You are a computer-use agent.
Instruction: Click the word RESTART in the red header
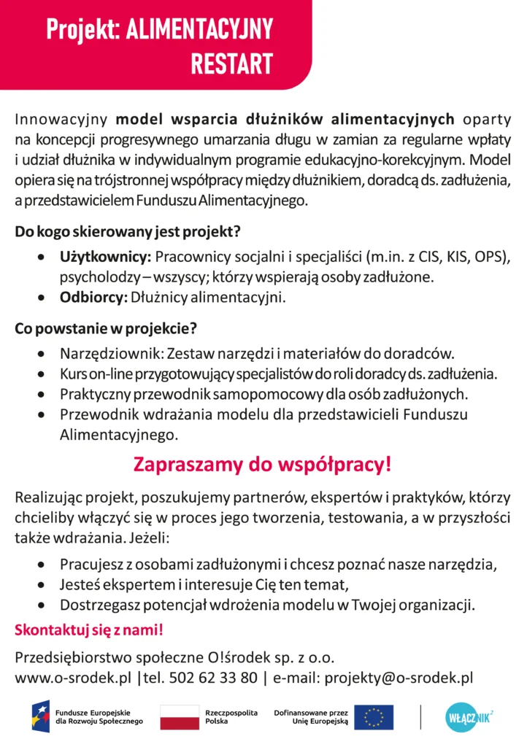point(231,63)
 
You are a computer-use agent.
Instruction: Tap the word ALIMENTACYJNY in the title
point(199,29)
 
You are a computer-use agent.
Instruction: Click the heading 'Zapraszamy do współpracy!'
point(263,465)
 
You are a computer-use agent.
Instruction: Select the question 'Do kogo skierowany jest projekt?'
point(128,233)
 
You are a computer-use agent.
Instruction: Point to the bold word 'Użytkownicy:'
point(105,258)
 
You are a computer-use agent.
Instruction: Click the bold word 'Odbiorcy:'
point(93,297)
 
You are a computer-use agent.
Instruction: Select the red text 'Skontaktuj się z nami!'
point(88,629)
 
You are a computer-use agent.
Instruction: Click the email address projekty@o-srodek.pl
point(399,678)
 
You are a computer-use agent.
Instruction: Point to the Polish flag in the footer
point(179,717)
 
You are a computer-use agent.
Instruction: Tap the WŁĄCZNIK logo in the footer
point(469,717)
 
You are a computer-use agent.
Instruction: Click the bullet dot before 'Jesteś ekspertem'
point(45,584)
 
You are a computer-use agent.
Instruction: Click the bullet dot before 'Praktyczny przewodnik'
point(45,395)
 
